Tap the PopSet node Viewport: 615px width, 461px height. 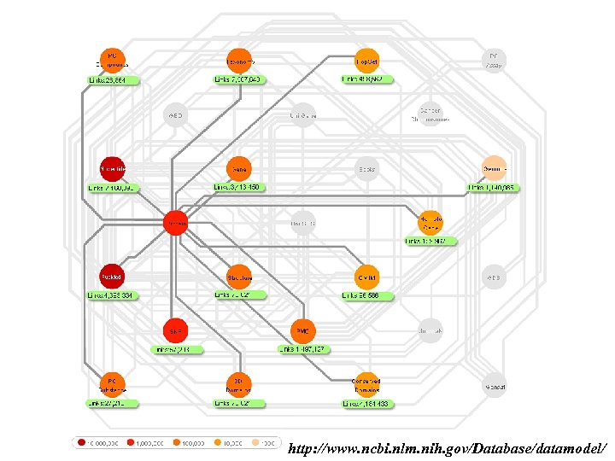point(367,60)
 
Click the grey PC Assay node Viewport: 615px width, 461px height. point(494,60)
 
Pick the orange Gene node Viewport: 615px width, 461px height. point(238,168)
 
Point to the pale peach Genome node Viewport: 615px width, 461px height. point(494,167)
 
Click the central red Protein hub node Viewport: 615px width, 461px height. point(175,222)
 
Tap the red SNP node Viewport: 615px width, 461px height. point(175,330)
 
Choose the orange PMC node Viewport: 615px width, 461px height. point(302,330)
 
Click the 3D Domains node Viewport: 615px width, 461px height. point(238,383)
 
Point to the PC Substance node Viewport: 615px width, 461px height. point(111,383)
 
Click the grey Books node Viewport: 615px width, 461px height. point(367,168)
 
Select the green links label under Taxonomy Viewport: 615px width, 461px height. point(238,79)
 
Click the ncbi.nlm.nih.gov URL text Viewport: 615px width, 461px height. point(448,447)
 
